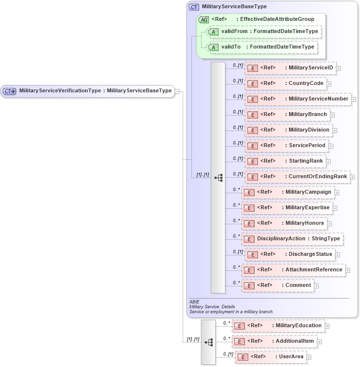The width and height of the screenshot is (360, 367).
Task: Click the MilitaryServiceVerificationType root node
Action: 87,91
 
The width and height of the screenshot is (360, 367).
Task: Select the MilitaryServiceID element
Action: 290,68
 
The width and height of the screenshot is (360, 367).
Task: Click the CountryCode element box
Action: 285,83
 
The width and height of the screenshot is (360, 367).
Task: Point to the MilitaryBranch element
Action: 287,115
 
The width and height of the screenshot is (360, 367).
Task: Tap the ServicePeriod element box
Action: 286,146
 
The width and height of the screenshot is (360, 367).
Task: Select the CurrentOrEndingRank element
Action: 297,177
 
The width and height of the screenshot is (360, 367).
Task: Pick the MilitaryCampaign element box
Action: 288,192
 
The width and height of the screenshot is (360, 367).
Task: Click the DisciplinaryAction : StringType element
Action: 292,239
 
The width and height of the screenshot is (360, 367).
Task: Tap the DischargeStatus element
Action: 290,254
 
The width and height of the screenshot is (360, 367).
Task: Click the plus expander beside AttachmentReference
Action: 348,270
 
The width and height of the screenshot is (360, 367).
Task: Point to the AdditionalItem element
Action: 275,341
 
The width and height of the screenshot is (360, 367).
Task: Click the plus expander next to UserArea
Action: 309,357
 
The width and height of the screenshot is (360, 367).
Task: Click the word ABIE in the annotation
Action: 194,301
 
